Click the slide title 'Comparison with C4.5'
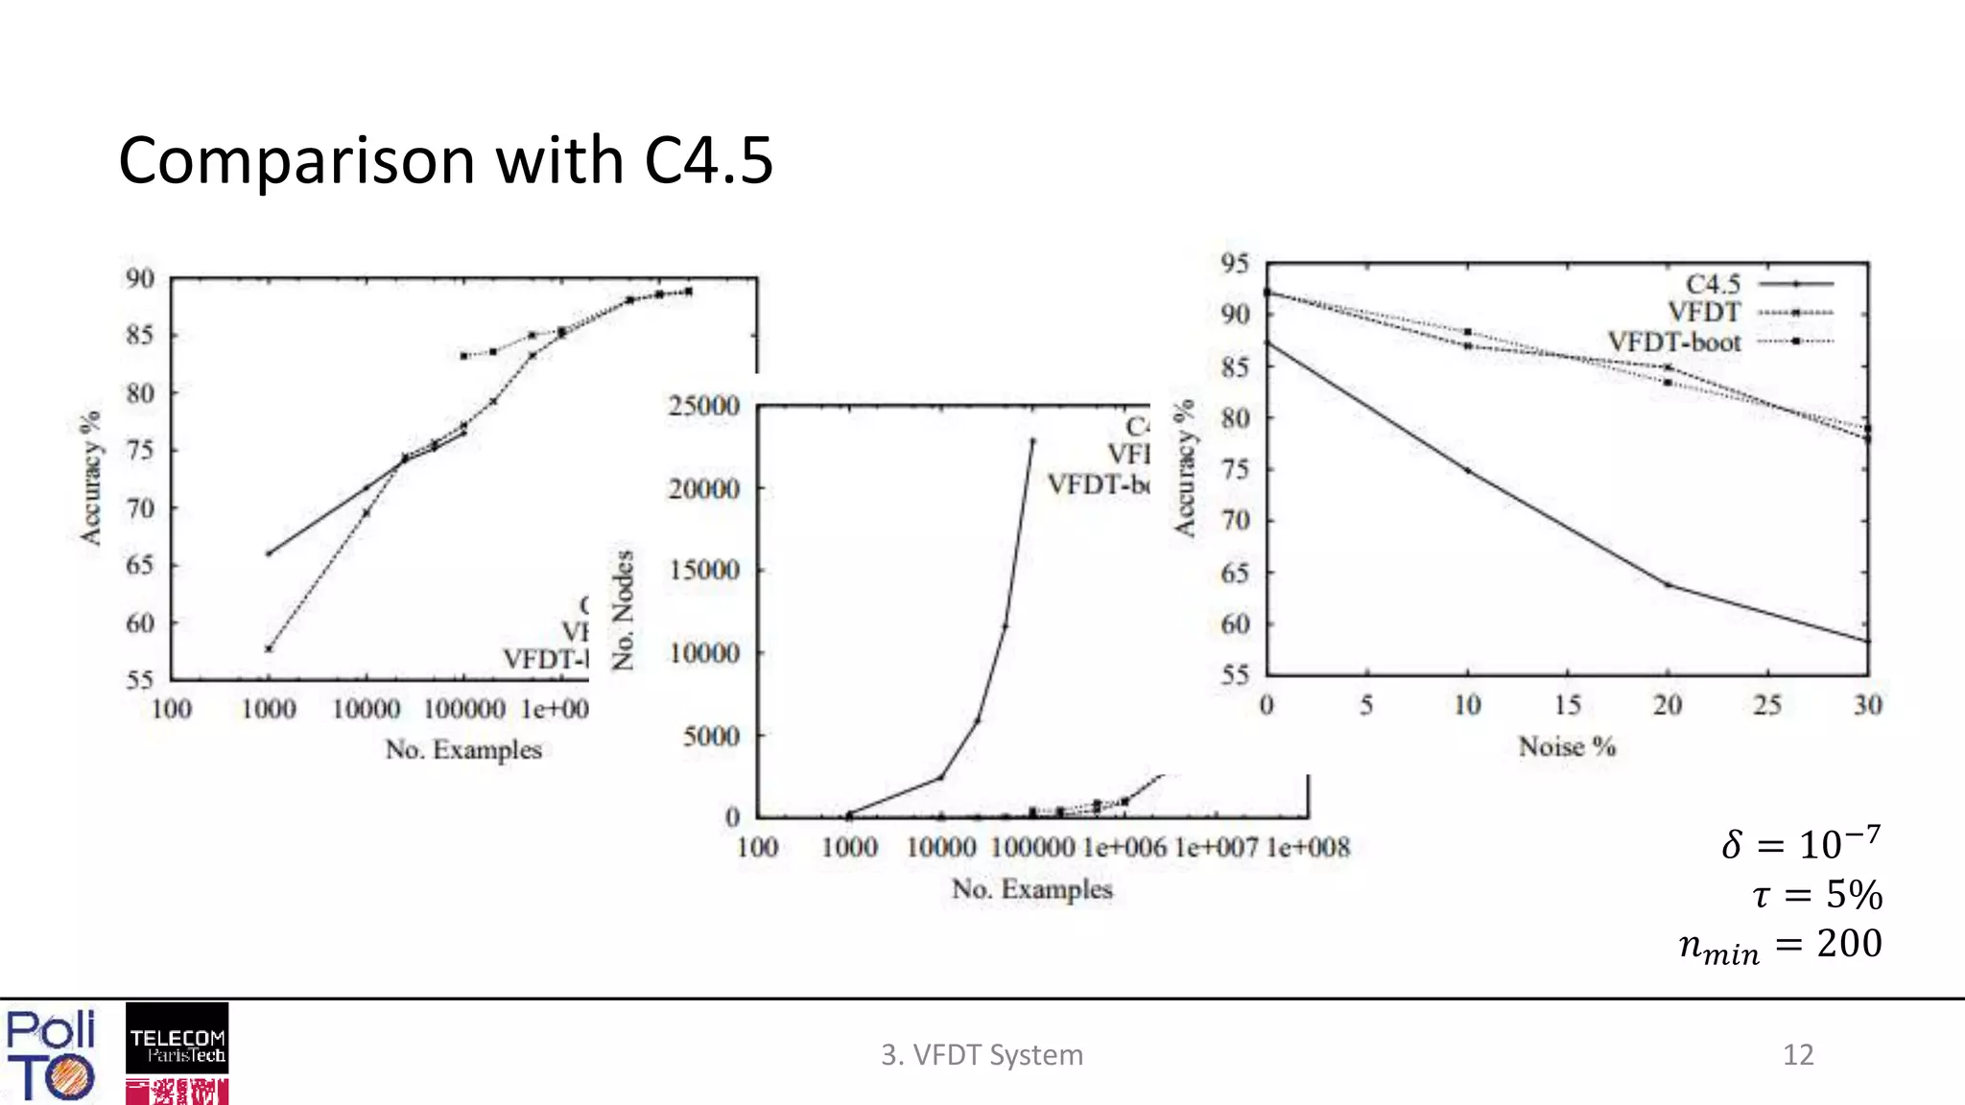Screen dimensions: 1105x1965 [x=445, y=160]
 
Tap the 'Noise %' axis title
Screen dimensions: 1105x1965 [x=1567, y=746]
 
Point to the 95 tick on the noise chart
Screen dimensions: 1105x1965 [x=1235, y=263]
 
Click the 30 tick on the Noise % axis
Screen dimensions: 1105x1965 [x=1867, y=705]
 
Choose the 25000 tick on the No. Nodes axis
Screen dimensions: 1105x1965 [x=704, y=406]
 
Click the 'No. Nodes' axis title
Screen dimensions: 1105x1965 [x=623, y=609]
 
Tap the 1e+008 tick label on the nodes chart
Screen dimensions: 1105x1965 [x=1308, y=847]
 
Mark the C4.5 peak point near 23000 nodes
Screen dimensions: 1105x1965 [x=1032, y=441]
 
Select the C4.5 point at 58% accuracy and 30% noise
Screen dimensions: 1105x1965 [x=1867, y=641]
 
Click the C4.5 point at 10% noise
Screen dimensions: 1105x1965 [x=1467, y=470]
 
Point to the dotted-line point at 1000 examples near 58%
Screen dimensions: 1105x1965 [x=269, y=649]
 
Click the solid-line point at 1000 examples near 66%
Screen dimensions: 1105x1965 [x=269, y=553]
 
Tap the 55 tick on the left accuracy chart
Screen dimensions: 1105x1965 [x=140, y=680]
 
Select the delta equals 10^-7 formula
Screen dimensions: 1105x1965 [x=1801, y=843]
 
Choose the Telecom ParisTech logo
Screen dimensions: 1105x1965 [x=178, y=1038]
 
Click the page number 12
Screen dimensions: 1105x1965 [x=1798, y=1054]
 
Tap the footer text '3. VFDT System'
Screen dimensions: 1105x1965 [x=982, y=1054]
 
